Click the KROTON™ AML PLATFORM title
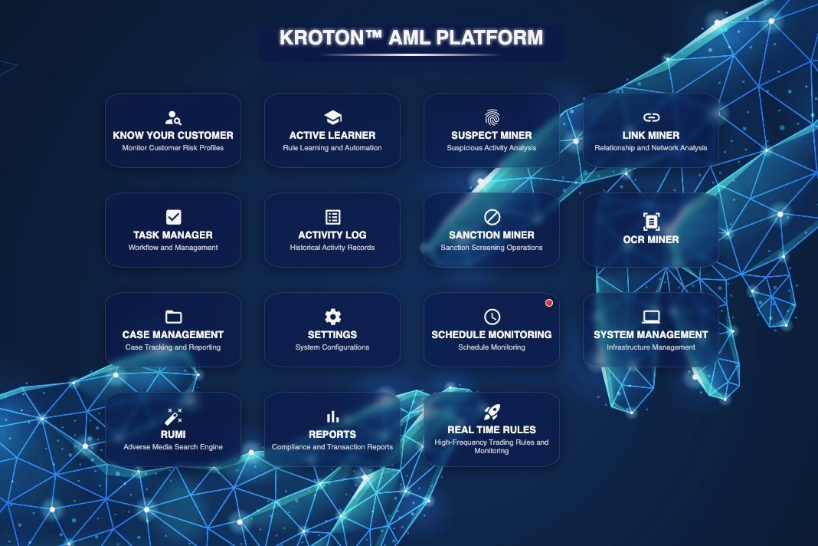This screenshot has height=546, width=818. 411,38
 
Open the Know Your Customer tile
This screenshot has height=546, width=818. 173,130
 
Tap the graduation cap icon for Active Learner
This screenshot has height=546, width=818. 332,117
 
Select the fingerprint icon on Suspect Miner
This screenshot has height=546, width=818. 492,117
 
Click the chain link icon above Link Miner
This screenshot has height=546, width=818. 651,117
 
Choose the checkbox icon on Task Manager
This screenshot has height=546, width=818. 173,217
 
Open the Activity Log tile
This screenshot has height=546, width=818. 332,230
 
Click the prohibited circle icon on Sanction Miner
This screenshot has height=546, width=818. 492,217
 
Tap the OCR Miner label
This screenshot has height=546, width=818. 651,239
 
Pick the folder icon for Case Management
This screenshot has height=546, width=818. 173,317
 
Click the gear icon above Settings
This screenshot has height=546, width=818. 332,317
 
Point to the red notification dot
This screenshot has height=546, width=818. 548,303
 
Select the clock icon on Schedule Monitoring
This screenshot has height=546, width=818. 492,317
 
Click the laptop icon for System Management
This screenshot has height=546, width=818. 651,317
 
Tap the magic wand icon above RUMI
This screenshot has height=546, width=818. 173,416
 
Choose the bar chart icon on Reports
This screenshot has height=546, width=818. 332,416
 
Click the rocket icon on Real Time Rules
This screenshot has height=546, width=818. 492,413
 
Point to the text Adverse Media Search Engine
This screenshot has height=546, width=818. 173,447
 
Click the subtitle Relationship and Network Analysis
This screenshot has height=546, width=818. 651,148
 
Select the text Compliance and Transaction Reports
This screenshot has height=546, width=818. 332,447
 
